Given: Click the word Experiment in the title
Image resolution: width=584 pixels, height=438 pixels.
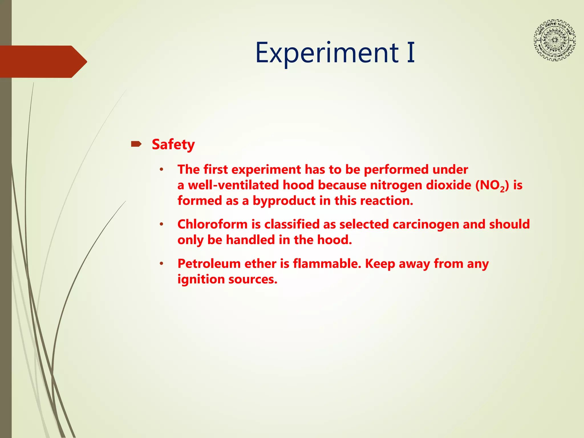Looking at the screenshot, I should pyautogui.click(x=327, y=53).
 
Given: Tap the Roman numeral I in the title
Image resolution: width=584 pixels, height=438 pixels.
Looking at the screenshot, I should pyautogui.click(x=411, y=53).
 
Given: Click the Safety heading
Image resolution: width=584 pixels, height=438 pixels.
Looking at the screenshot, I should pyautogui.click(x=173, y=145).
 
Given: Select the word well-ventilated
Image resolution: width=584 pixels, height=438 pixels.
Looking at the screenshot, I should pyautogui.click(x=233, y=185).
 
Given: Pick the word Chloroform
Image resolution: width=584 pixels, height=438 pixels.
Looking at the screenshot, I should pyautogui.click(x=212, y=224).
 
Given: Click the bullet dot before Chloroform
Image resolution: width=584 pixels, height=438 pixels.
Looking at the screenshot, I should pyautogui.click(x=161, y=224).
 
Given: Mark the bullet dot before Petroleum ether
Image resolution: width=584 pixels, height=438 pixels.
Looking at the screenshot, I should pyautogui.click(x=161, y=264).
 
